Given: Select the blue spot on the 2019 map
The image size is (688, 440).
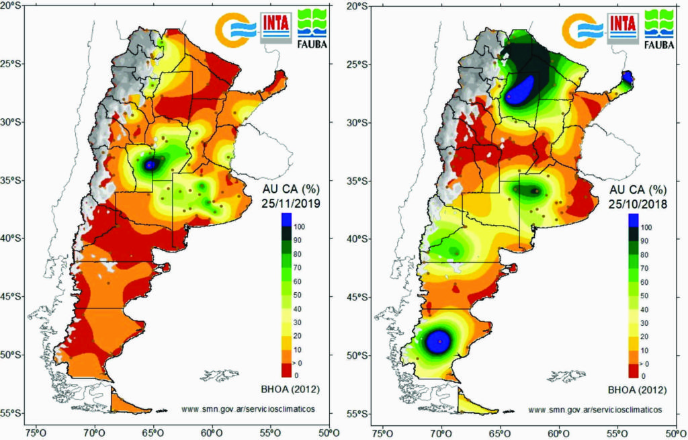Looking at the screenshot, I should [x=150, y=164].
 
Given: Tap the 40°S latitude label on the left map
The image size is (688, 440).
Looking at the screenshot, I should [x=11, y=238].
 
